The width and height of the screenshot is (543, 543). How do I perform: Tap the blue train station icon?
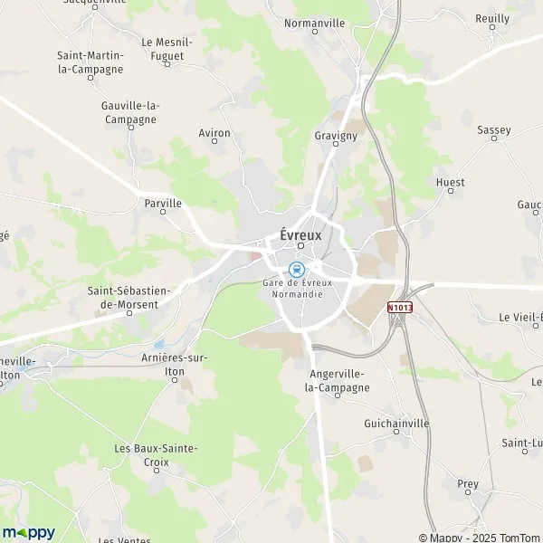(295, 269)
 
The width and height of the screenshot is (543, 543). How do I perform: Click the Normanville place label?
(316, 23)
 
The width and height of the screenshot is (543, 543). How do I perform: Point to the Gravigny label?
(337, 136)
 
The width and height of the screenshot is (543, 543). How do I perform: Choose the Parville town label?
(163, 204)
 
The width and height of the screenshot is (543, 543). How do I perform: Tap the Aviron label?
(214, 133)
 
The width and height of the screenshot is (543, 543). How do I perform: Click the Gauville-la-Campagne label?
(130, 112)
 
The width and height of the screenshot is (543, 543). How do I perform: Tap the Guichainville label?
(396, 424)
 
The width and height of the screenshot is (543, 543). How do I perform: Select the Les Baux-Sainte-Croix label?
(156, 454)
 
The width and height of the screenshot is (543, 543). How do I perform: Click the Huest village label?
(450, 182)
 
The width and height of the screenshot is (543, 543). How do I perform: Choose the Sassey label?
(494, 130)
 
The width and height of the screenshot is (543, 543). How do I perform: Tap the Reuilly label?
(491, 18)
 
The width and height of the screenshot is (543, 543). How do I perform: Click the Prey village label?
(468, 484)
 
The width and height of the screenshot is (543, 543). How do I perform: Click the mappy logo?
(28, 531)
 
